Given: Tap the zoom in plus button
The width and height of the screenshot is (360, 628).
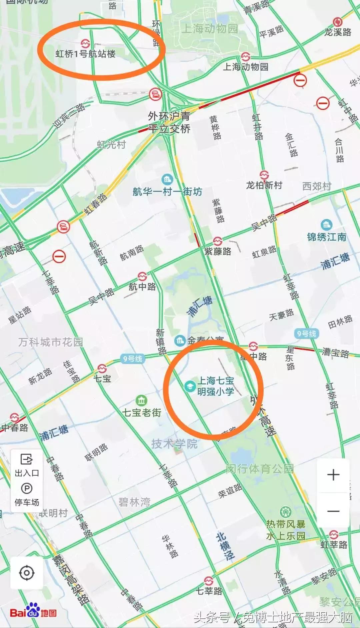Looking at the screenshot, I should point(333,475).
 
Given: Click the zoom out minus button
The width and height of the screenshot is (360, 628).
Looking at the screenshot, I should point(333,511).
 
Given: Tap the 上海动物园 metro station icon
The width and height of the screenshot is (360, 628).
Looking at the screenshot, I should point(246,56).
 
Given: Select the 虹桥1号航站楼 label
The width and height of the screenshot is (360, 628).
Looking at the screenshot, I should point(86,53).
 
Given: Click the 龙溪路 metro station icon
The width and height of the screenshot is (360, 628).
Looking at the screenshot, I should point(337,22).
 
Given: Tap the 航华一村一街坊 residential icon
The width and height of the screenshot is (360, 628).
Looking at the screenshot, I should point(167,180).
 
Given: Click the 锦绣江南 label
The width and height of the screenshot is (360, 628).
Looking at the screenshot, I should point(326,237).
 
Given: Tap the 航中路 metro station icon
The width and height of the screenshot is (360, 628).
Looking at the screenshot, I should point(142,276).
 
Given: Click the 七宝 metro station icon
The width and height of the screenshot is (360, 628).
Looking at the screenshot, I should point(102,369).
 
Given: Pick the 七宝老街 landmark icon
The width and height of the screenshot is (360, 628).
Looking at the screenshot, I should point(141,400).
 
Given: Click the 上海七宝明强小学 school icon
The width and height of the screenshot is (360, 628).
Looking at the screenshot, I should point(190,386).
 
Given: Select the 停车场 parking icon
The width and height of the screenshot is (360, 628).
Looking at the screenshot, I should point(27,489).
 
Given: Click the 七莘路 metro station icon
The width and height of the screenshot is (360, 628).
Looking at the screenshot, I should point(209,581).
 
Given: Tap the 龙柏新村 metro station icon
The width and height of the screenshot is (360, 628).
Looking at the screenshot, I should point(264,175).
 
